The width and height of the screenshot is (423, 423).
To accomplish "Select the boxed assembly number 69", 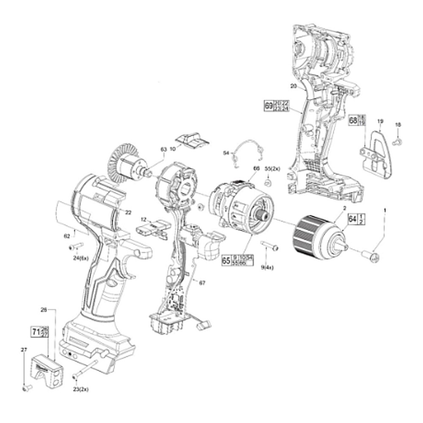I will coord(269,106).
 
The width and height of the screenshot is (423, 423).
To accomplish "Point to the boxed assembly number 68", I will coord(353,120).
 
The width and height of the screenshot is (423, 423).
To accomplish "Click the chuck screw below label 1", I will coord(372,256).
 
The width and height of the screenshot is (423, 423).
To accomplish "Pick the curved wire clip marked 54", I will coord(247,150).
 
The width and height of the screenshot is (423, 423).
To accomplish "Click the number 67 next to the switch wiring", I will coord(202,283).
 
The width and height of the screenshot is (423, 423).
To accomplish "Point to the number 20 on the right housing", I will coord(294,86).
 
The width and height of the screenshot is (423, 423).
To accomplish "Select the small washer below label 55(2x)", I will coord(267,183).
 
